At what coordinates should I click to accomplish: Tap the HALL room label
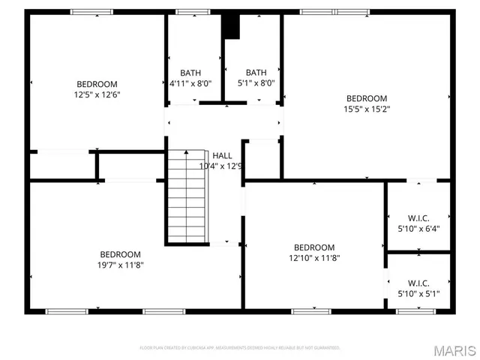222,154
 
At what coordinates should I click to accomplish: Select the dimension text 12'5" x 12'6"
97,94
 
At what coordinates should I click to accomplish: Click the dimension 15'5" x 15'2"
366,109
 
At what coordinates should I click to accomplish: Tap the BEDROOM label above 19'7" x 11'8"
120,254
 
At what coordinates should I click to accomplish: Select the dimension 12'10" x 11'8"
313,258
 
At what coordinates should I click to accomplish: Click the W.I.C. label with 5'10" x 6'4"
418,217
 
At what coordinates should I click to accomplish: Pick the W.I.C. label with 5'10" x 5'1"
418,283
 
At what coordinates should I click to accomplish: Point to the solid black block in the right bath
231,26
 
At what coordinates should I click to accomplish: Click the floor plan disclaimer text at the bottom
240,348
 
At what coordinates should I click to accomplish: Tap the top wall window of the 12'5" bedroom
91,11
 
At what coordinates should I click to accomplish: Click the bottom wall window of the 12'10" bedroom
311,310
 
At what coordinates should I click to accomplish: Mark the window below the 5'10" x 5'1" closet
417,310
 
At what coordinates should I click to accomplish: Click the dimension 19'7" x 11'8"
120,265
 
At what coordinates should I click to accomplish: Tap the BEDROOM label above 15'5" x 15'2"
366,98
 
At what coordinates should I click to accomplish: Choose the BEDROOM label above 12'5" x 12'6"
97,84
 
